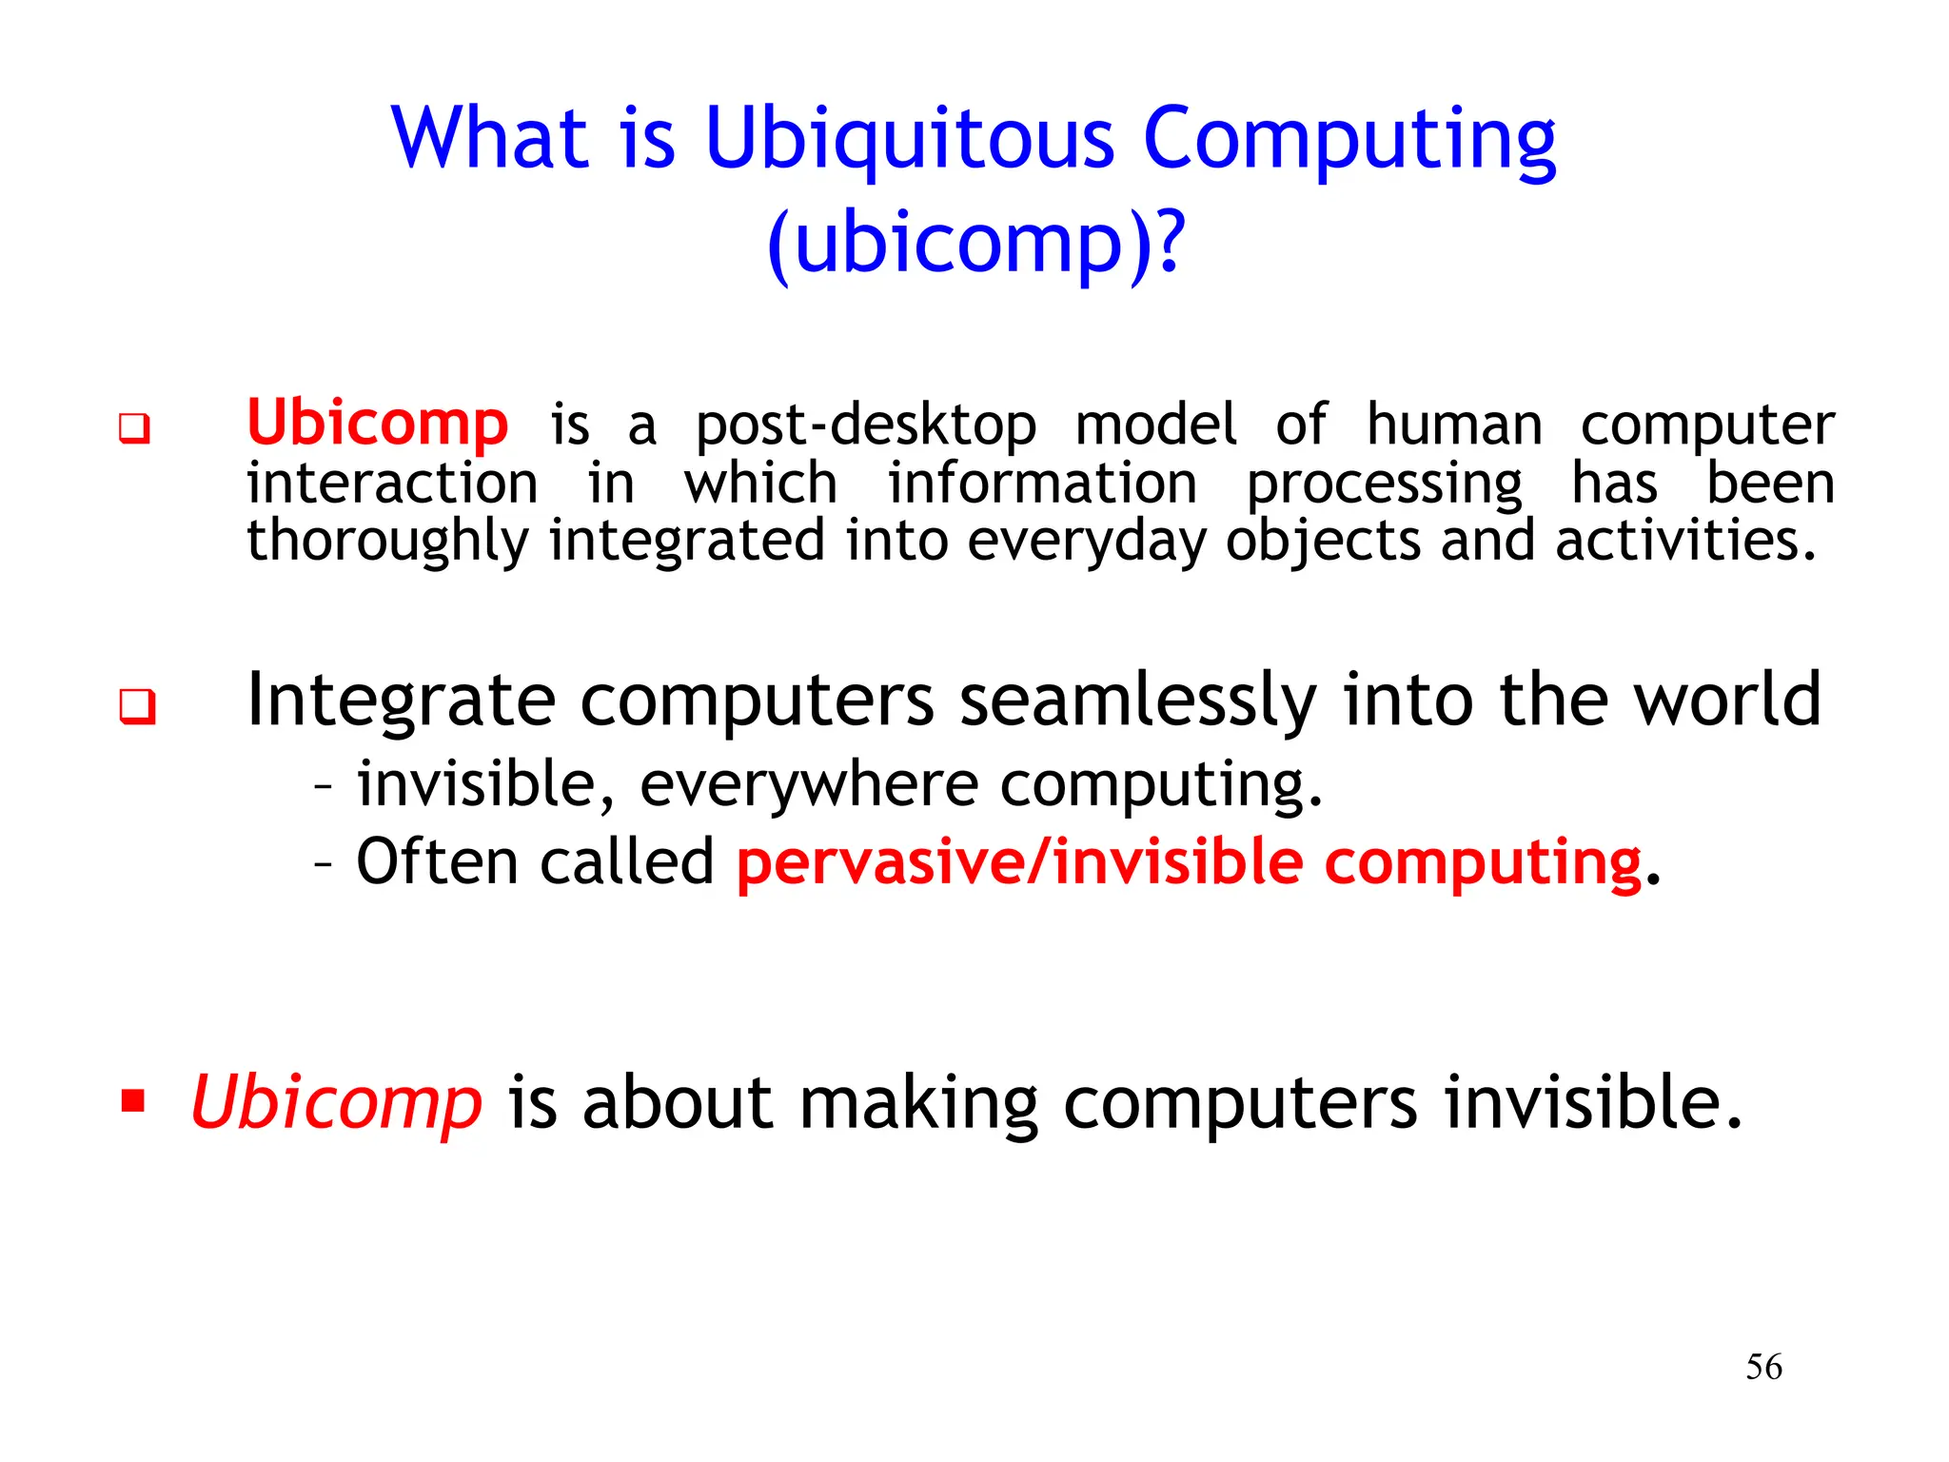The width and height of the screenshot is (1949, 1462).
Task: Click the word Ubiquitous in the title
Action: coord(909,141)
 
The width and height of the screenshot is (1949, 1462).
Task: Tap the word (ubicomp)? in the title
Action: coord(976,244)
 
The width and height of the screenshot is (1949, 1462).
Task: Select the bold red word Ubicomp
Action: coord(377,423)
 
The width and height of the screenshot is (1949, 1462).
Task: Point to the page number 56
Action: coord(1763,1367)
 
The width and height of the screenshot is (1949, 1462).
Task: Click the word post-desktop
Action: coord(865,425)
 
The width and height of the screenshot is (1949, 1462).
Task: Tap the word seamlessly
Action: coord(1137,701)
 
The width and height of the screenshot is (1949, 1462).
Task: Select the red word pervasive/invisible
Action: coord(1019,862)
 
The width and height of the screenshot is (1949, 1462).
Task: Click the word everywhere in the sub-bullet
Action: coord(809,785)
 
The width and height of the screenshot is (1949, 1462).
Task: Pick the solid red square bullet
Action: coord(133,1101)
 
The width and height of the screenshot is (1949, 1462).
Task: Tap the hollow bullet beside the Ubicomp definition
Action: coord(134,428)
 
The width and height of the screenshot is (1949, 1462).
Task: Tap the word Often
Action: coord(439,862)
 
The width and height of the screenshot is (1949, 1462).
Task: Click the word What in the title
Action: coord(490,141)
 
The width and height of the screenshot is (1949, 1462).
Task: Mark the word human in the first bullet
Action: coord(1454,425)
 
